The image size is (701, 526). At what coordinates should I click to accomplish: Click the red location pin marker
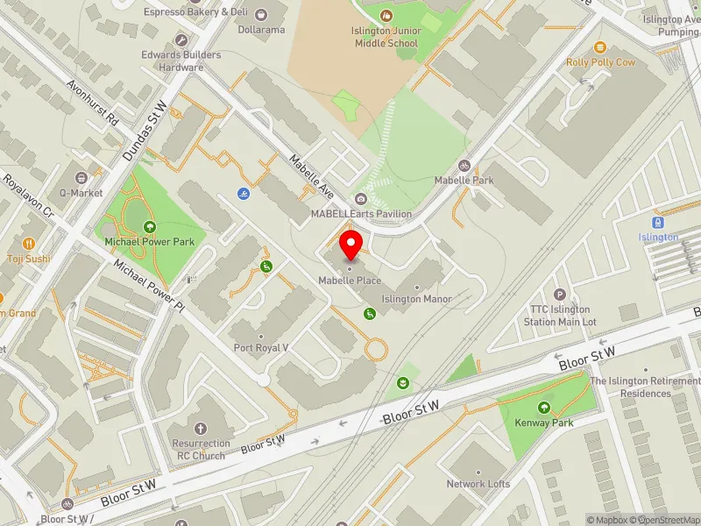(x=350, y=245)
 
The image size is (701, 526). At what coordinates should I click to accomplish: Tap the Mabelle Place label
(x=349, y=280)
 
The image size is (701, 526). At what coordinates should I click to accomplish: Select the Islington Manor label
(x=416, y=299)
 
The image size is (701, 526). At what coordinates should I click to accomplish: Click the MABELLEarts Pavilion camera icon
(x=361, y=199)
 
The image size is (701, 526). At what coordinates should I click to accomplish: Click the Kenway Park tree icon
(x=544, y=408)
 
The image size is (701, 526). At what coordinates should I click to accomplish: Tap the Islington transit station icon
(x=658, y=223)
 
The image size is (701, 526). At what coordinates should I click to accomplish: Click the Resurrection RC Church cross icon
(x=200, y=429)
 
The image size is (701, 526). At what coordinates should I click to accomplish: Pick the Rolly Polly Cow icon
(x=600, y=48)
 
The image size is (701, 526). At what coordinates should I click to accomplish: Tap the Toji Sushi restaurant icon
(x=28, y=244)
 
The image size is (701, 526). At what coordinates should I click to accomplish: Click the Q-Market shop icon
(x=81, y=178)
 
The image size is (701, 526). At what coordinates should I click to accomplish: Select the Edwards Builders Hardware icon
(x=181, y=40)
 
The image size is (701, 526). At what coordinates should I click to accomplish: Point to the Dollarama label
(x=262, y=29)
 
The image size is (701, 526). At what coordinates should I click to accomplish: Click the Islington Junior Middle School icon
(x=386, y=15)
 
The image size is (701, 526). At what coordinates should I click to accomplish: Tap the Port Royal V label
(x=260, y=347)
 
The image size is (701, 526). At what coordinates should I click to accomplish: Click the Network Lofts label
(x=478, y=483)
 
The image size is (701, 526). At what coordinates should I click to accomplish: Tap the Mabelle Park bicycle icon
(x=464, y=165)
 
